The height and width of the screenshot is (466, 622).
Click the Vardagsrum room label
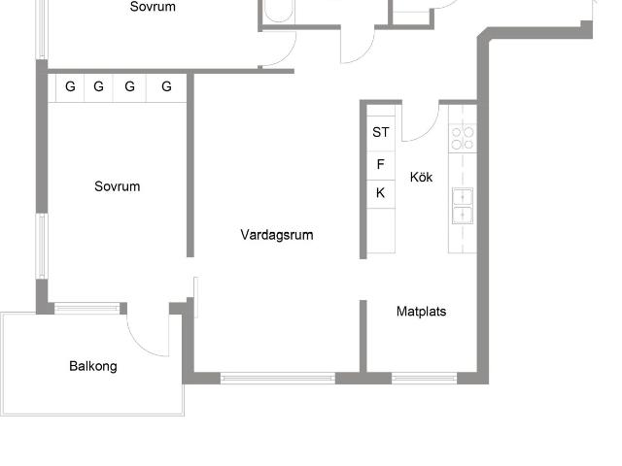pyautogui.click(x=277, y=235)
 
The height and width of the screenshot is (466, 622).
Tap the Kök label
pyautogui.click(x=421, y=178)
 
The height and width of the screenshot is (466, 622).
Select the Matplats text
pyautogui.click(x=422, y=313)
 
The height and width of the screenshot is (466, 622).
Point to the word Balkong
pyautogui.click(x=93, y=367)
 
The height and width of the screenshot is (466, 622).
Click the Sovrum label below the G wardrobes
pyautogui.click(x=118, y=187)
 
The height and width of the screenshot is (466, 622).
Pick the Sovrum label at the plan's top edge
pyautogui.click(x=153, y=7)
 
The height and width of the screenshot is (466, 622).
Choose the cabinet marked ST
pyautogui.click(x=380, y=132)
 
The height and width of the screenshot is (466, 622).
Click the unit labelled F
pyautogui.click(x=380, y=164)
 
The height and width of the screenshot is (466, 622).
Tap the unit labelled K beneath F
pyautogui.click(x=380, y=193)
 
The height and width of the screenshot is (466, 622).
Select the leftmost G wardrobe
pyautogui.click(x=70, y=87)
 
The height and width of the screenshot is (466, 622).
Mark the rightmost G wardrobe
pyautogui.click(x=166, y=87)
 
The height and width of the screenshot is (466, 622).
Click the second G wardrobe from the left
pyautogui.click(x=99, y=87)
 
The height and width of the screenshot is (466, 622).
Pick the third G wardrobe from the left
pyautogui.click(x=129, y=87)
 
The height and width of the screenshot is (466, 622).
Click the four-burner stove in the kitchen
pyautogui.click(x=463, y=138)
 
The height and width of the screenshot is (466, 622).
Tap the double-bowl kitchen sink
pyautogui.click(x=463, y=204)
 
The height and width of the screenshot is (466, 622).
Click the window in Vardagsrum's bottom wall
pyautogui.click(x=278, y=378)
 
